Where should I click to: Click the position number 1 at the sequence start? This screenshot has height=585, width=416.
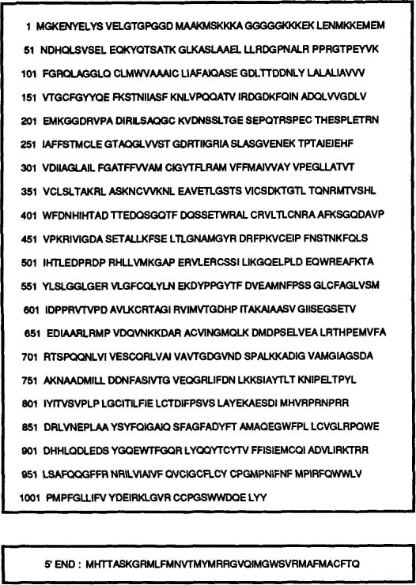coord(28,27)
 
